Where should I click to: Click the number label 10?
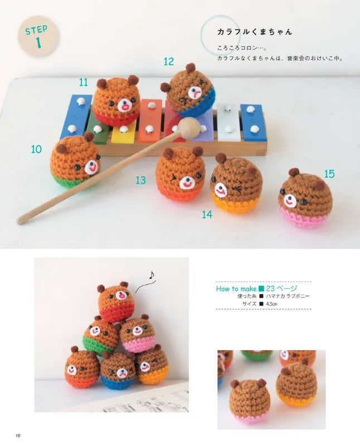point(36,149)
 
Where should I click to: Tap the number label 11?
point(84,83)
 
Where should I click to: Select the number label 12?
point(169,61)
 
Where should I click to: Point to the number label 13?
point(140,180)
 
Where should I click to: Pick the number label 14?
point(207,215)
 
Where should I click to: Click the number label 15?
point(329,174)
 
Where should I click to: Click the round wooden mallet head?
point(187,125)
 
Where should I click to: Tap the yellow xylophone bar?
point(124,134)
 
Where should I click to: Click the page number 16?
point(18,436)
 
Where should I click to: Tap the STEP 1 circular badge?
point(38,36)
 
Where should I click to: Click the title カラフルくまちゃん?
point(255,32)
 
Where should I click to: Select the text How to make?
point(236,289)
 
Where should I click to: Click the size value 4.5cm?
point(271,304)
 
